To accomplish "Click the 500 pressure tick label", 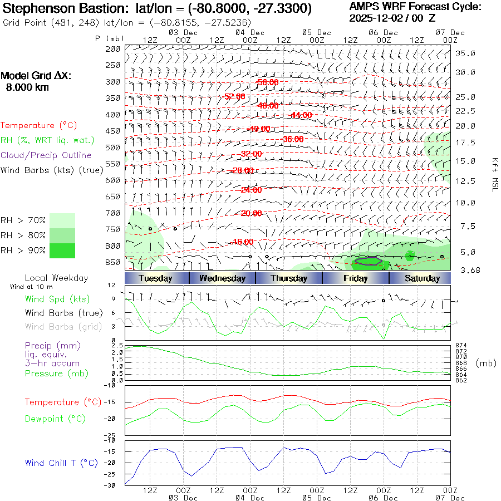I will click(113, 148).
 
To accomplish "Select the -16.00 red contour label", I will click(242, 242).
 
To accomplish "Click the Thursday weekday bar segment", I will click(289, 278).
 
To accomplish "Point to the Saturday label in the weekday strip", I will click(422, 278).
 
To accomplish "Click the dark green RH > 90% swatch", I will click(62, 250).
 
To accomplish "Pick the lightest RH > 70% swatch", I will click(62, 220).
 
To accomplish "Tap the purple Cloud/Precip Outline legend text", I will click(46, 155).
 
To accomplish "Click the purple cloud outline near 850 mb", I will click(368, 260).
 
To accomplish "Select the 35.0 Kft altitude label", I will click(465, 53).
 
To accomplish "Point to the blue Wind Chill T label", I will click(61, 463).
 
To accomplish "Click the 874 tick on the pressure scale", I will click(461, 346).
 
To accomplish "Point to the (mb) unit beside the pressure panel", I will click(487, 363).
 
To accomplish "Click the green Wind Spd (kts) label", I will click(57, 299).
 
